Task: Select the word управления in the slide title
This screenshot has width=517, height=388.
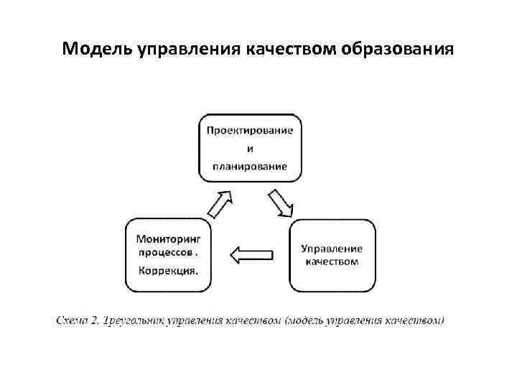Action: [189, 49]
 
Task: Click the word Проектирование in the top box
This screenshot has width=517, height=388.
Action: [250, 131]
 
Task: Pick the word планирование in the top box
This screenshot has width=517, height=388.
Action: [250, 166]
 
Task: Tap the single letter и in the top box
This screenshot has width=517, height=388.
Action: [250, 149]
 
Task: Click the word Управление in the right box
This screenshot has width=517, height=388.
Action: [332, 248]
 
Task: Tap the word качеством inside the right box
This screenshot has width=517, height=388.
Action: [332, 262]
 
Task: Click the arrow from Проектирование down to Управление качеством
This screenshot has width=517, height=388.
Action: [281, 203]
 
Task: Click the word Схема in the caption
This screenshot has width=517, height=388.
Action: [73, 320]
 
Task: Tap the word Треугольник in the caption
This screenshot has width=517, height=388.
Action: [134, 320]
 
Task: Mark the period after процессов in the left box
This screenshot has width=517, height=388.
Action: [197, 254]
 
